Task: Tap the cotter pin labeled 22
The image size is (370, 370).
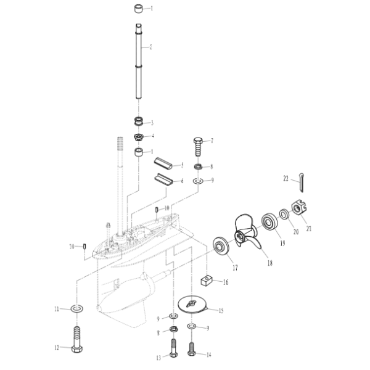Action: [302, 183]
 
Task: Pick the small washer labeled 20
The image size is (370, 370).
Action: [284, 214]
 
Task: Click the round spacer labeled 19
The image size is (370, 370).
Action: [269, 221]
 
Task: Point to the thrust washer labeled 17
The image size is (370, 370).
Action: [221, 245]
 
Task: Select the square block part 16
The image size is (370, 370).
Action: [207, 281]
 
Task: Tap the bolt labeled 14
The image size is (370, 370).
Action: [192, 345]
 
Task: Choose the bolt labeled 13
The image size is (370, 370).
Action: [174, 348]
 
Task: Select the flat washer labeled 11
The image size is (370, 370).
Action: [76, 308]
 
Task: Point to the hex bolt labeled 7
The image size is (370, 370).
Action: [198, 147]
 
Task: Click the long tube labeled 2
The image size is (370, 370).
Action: [139, 61]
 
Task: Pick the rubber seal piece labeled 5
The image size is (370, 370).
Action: [163, 163]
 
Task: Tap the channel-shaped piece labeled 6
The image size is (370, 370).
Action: [164, 180]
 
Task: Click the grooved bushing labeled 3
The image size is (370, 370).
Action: [139, 121]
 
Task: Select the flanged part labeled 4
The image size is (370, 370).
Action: [139, 137]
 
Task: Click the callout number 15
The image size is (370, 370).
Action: [221, 311]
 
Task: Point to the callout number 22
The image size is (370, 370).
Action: [286, 179]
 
